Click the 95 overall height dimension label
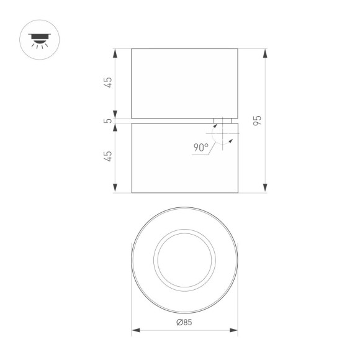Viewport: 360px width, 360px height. pyautogui.click(x=258, y=120)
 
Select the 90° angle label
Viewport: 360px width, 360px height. pyautogui.click(x=200, y=148)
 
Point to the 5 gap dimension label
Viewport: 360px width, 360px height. pyautogui.click(x=110, y=120)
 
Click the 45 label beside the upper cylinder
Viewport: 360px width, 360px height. pyautogui.click(x=109, y=83)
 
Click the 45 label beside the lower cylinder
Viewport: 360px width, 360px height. pyautogui.click(x=109, y=156)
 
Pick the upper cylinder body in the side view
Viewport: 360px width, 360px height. pyautogui.click(x=184, y=83)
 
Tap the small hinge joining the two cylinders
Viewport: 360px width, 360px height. pyautogui.click(x=223, y=120)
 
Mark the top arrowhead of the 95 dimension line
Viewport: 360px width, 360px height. pyautogui.click(x=265, y=52)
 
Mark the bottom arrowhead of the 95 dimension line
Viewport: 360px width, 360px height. pyautogui.click(x=265, y=189)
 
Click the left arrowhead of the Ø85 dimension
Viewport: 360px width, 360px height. pyautogui.click(x=135, y=330)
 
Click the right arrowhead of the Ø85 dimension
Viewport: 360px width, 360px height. pyautogui.click(x=234, y=330)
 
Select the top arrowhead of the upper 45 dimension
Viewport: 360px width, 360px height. pyautogui.click(x=115, y=52)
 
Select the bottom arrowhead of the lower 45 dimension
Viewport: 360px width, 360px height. pyautogui.click(x=115, y=189)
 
